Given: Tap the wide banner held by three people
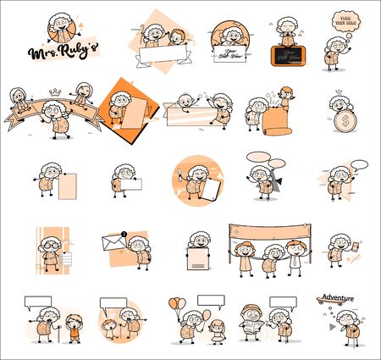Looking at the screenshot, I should coord(269,230).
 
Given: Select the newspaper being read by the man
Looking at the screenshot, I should coord(253,326).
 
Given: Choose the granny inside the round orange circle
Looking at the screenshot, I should coord(197,179).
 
